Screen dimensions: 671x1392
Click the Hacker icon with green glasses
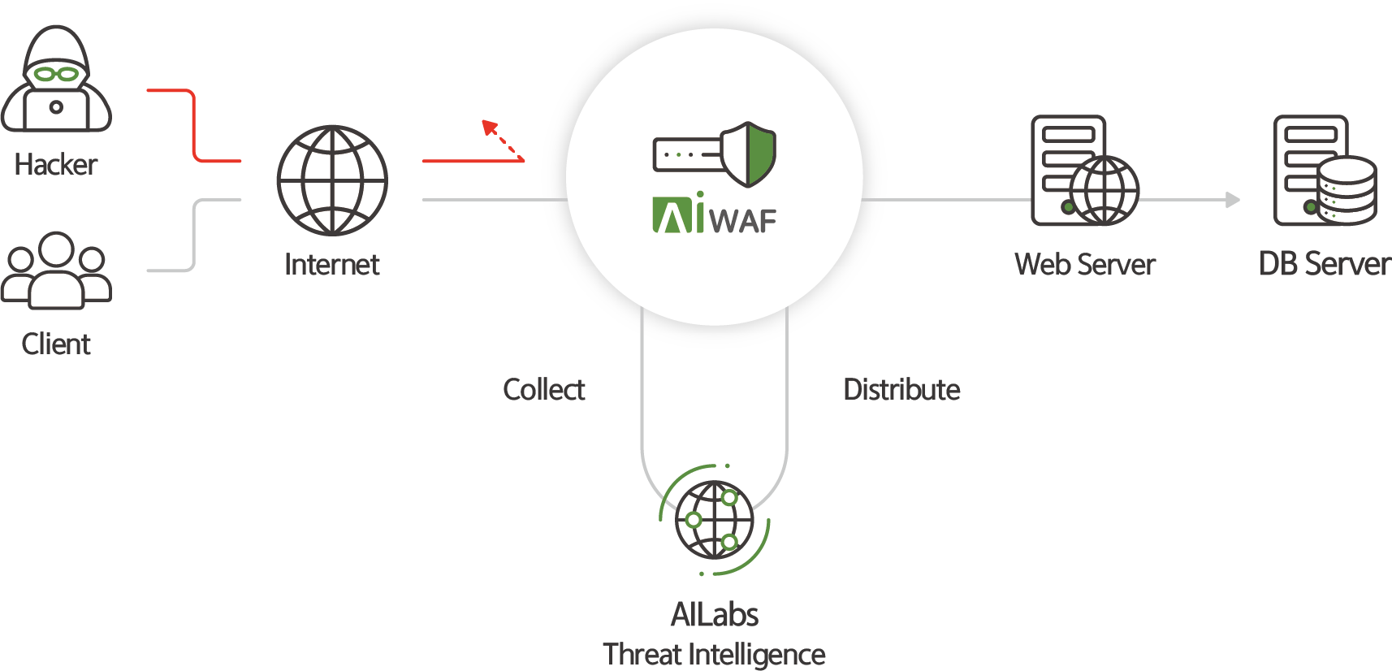[56, 79]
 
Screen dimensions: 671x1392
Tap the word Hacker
[56, 165]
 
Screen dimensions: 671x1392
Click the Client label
[56, 344]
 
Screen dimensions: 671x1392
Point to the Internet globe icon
[332, 180]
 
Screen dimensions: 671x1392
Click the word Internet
[332, 265]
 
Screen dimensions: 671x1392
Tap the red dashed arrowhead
[489, 127]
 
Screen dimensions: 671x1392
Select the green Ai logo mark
[677, 214]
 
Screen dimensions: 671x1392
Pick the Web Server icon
[1084, 171]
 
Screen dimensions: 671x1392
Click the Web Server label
[1084, 265]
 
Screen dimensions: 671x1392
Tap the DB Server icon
[1325, 171]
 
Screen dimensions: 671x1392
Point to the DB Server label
[1325, 265]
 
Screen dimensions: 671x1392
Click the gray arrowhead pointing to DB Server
[1233, 200]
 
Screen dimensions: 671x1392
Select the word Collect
[544, 390]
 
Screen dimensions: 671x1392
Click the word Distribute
[901, 390]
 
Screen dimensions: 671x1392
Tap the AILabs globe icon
[714, 520]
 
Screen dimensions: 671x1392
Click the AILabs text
[714, 615]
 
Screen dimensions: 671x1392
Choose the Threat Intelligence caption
[714, 655]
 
